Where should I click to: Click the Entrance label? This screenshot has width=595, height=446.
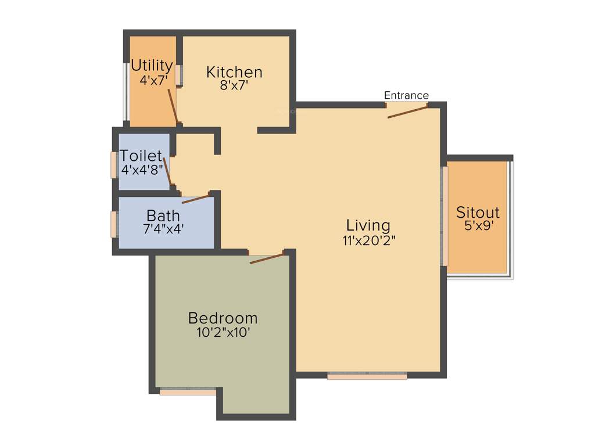406,95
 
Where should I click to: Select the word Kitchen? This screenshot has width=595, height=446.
234,72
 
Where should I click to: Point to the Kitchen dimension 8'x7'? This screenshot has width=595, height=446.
234,85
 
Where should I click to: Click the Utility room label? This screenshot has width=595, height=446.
152,65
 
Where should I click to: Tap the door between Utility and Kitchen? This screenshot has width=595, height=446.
173,106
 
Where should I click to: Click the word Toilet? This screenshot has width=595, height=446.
141,156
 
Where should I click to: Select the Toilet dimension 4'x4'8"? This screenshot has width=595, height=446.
142,170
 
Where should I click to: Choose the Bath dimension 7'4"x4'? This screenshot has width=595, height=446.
163,229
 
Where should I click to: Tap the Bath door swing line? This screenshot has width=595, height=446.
195,199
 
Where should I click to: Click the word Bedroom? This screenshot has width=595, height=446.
223,318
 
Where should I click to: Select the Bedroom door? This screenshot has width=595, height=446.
267,258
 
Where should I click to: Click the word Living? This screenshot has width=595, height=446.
368,225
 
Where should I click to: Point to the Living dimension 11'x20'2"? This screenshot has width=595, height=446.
368,240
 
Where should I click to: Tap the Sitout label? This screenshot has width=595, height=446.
478,212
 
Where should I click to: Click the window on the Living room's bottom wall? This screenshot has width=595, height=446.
367,376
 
